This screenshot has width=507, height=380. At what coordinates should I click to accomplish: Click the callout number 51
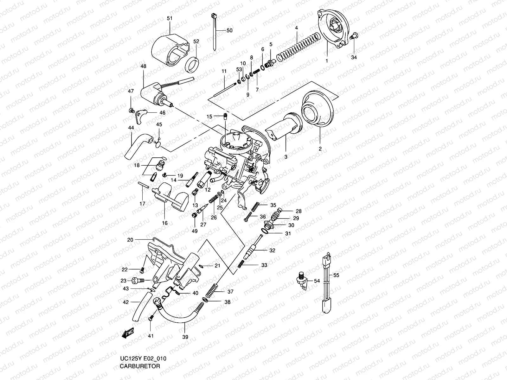170,18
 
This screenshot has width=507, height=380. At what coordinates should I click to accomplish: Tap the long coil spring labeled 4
298,47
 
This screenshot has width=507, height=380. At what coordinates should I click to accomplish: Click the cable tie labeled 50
214,32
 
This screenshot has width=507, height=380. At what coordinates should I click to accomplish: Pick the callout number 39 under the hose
185,337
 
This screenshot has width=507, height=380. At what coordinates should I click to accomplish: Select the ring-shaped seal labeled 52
192,65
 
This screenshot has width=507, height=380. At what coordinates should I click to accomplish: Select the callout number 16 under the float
165,223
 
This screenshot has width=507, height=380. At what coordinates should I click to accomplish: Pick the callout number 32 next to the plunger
272,250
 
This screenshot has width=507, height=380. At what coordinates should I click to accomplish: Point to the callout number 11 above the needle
224,72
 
